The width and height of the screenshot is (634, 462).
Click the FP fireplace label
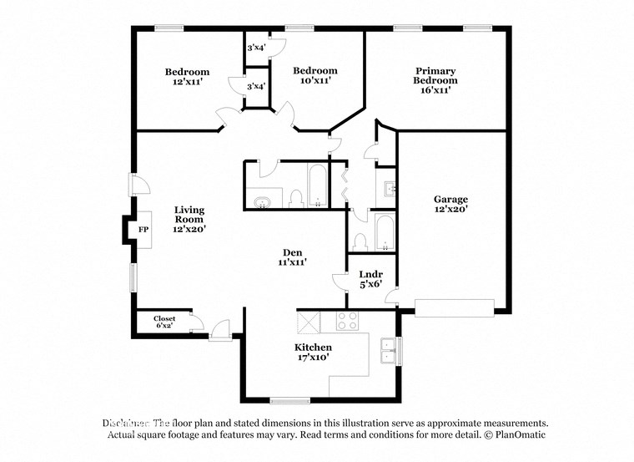(x=143, y=228)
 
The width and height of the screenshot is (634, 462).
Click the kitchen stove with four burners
(x=346, y=320)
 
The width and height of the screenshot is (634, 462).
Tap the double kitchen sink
(x=388, y=350)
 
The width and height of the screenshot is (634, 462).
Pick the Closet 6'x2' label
(x=164, y=322)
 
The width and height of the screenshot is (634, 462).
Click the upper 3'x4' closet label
(x=256, y=48)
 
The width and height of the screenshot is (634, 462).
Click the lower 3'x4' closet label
(x=256, y=86)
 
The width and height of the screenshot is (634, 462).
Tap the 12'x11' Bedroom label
(x=187, y=77)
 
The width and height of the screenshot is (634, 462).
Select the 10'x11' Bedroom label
(x=314, y=76)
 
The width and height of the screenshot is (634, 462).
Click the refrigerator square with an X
(x=308, y=320)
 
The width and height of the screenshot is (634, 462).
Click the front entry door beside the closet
(x=220, y=331)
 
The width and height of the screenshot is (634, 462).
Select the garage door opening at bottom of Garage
(x=454, y=307)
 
